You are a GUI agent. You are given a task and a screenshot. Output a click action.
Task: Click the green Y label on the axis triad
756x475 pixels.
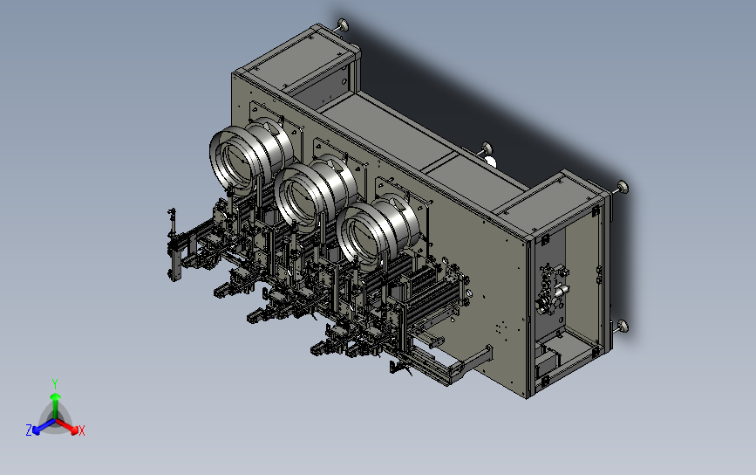point(55,384)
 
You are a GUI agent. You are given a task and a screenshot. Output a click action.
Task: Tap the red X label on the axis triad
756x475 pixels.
point(81,430)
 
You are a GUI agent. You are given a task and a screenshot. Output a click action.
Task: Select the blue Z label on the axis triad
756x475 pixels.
point(29,430)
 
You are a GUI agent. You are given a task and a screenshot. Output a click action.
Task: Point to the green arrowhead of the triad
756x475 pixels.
point(56,396)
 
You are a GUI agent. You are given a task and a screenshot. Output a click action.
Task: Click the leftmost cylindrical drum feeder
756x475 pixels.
point(251,154)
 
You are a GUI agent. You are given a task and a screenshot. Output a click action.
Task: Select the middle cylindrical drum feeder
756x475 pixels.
point(317,193)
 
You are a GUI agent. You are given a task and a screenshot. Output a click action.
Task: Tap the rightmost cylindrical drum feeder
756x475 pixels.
point(378,231)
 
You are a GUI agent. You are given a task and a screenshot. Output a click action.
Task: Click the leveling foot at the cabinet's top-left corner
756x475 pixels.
point(343,24)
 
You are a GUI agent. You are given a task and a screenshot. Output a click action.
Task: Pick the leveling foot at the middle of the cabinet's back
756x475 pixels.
point(486,149)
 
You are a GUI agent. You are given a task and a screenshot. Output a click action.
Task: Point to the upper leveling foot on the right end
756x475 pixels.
point(622,187)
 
